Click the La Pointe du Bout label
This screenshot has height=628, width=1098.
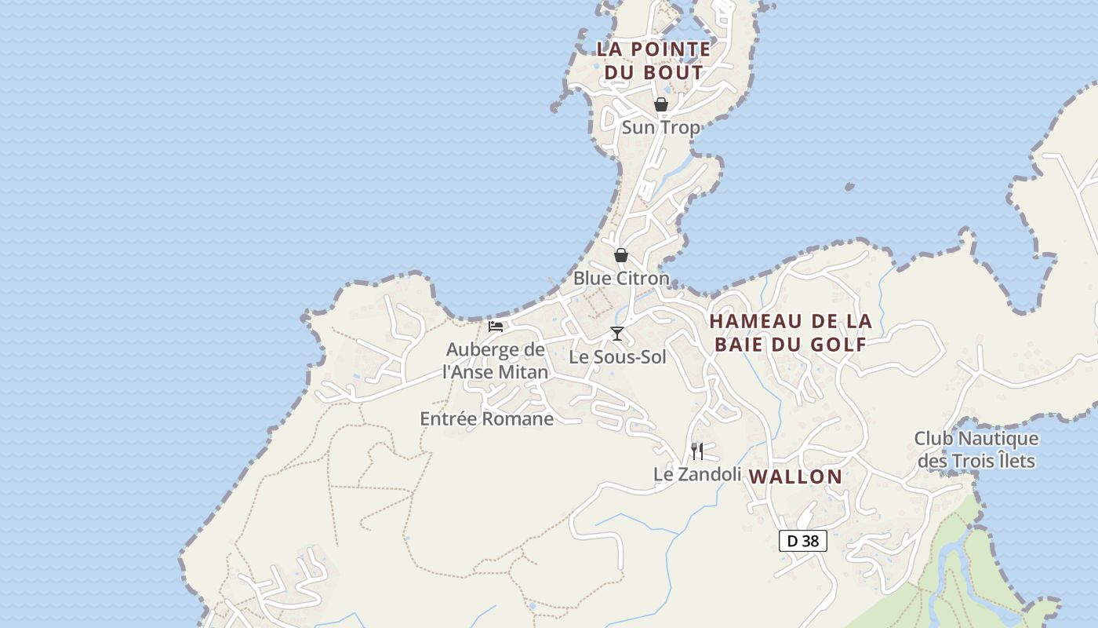click(x=653, y=60)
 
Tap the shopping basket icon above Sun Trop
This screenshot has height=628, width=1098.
click(x=661, y=104)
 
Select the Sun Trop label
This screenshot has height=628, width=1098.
click(x=660, y=127)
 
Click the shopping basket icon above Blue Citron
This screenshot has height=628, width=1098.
click(x=621, y=255)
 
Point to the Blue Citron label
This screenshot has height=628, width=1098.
click(x=621, y=278)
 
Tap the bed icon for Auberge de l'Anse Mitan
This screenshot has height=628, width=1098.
click(x=496, y=326)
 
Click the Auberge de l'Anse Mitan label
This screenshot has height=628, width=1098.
click(x=496, y=360)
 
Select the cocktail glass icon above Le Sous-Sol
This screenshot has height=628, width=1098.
click(x=617, y=334)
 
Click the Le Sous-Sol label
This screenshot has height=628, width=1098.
click(x=617, y=357)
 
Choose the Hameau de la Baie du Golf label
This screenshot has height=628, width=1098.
click(x=791, y=332)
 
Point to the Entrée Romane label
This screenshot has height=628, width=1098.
click(x=487, y=418)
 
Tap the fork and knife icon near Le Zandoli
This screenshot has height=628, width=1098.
click(x=697, y=451)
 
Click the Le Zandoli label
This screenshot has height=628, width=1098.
click(x=697, y=474)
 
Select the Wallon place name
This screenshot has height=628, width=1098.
click(x=795, y=476)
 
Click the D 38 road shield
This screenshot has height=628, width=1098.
click(x=802, y=540)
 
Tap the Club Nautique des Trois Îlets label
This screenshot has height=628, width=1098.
click(x=976, y=450)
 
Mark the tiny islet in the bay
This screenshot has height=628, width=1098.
click(x=849, y=187)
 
